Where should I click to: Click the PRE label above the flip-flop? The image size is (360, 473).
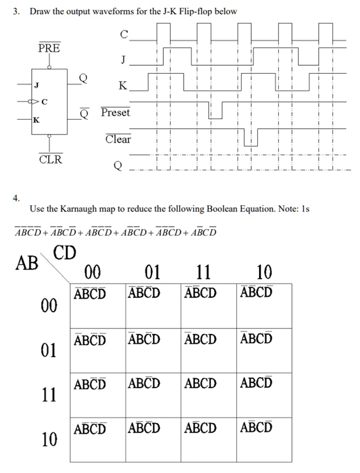click(49, 48)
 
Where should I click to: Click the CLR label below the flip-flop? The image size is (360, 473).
click(50, 159)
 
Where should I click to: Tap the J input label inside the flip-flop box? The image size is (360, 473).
click(36, 86)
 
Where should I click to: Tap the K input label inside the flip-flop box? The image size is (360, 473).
click(36, 120)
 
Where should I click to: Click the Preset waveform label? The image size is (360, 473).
click(116, 112)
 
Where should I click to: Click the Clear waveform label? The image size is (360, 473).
click(118, 139)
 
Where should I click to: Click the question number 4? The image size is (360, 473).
click(16, 197)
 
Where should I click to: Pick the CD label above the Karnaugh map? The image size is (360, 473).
click(65, 252)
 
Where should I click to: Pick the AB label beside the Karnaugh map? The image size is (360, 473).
click(27, 263)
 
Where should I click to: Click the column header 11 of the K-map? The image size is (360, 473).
click(203, 272)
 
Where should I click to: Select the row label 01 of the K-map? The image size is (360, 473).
click(49, 350)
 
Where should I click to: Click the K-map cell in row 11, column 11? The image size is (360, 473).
click(209, 395)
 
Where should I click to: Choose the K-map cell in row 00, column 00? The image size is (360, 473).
click(98, 306)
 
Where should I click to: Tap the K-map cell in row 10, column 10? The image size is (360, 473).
click(264, 440)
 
